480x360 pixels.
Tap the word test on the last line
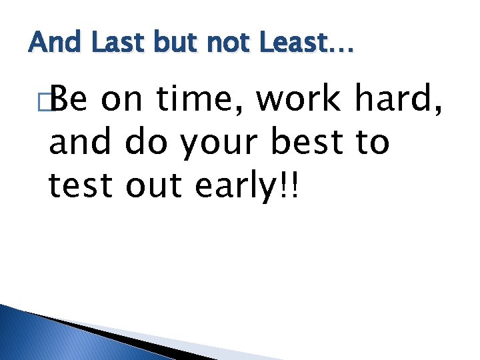point(81,187)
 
